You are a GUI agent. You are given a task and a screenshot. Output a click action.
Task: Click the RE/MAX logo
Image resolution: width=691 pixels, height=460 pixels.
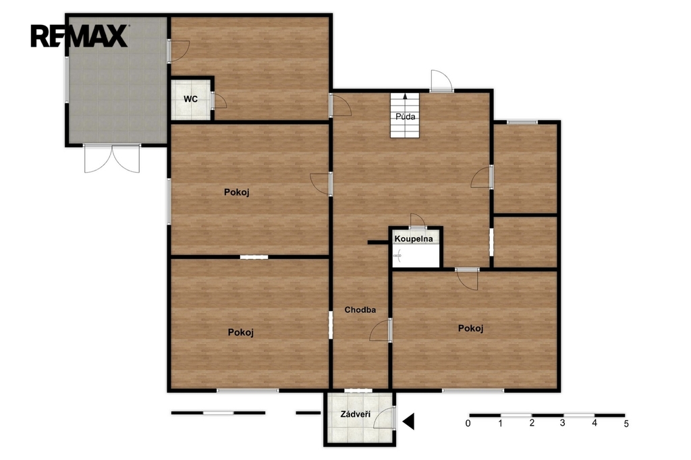(x=80, y=36)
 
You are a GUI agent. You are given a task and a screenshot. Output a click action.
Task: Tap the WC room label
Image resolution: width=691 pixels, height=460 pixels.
(x=190, y=99)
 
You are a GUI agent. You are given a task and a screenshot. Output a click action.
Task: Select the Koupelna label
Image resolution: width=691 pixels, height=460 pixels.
(x=414, y=239)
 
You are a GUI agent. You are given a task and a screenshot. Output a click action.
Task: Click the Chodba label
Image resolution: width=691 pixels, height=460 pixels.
(x=360, y=310)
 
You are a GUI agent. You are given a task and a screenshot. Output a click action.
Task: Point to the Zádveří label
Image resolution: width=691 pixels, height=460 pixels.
(x=355, y=414)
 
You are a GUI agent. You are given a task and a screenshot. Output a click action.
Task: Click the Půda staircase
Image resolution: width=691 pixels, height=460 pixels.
(x=405, y=115)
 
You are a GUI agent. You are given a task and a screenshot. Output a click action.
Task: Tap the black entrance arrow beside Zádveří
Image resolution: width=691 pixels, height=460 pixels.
(x=408, y=422)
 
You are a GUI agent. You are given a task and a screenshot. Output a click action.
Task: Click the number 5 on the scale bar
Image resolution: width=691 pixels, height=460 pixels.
(x=626, y=424)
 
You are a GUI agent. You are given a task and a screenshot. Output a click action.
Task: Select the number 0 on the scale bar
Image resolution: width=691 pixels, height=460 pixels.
(x=468, y=424)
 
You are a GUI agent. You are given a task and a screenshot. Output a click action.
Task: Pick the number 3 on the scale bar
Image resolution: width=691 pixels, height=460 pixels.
(x=563, y=424)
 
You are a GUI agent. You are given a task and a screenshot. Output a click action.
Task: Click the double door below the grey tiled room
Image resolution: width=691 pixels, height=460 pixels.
(x=112, y=159)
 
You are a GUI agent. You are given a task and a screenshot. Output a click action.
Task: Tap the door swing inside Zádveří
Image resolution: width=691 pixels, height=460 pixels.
(x=384, y=418)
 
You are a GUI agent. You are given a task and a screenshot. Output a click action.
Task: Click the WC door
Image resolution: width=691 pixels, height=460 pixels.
(x=219, y=100)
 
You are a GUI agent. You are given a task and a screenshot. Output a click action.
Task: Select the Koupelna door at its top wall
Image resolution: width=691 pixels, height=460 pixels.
(x=417, y=220)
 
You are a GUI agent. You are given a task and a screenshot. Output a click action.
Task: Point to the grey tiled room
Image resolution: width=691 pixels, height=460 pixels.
(x=117, y=80)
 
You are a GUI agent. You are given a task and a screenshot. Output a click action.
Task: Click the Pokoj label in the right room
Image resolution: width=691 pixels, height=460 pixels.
(x=470, y=328)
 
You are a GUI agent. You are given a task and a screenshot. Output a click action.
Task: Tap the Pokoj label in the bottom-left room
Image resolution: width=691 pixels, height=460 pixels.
(x=241, y=333)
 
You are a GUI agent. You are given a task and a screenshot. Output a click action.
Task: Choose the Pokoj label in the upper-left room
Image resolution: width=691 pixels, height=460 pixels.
(x=237, y=192)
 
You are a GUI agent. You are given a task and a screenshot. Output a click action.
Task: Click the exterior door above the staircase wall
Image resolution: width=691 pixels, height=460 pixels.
(x=441, y=81)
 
